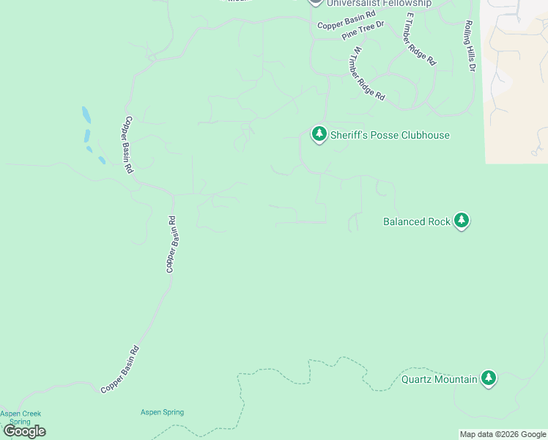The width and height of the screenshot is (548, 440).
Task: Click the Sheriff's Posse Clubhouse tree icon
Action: (x=319, y=134)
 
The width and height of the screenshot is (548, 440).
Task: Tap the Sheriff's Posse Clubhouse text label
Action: (x=389, y=135)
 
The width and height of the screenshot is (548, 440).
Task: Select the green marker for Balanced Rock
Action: (x=461, y=220)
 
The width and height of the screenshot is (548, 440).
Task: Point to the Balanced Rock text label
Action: (x=416, y=221)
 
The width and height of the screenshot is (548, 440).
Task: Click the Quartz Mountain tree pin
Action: (x=489, y=378)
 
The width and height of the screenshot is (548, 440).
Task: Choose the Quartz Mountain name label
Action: (x=439, y=380)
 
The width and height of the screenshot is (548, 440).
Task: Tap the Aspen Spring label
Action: (x=162, y=412)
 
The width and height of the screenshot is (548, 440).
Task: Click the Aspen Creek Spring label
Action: (x=21, y=417)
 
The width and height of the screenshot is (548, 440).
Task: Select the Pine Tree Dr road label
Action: (x=363, y=30)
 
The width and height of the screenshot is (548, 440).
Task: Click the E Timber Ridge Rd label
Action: (x=420, y=39)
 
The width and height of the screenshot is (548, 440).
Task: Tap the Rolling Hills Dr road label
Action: (x=469, y=45)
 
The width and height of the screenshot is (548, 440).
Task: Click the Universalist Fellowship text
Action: (x=379, y=4)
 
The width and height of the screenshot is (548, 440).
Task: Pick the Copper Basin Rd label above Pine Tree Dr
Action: (x=346, y=20)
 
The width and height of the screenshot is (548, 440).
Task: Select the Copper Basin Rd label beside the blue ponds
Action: (x=128, y=144)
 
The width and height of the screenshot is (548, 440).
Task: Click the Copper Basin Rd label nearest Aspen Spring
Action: (x=119, y=370)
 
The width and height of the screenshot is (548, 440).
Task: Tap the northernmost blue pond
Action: (x=86, y=115)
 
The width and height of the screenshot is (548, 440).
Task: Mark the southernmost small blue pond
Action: (x=102, y=161)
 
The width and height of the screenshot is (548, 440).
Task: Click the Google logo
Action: (x=24, y=431)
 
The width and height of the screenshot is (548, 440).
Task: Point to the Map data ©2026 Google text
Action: (x=502, y=434)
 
